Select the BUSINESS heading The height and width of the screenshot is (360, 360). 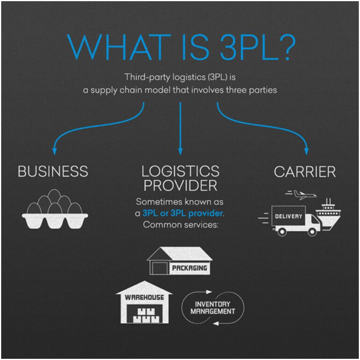point(53,172)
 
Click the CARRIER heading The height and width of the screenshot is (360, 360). point(305,172)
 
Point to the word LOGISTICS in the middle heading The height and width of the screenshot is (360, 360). point(180,172)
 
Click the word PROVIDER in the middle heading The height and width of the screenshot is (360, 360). point(180,187)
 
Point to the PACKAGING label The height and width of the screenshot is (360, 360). point(190,269)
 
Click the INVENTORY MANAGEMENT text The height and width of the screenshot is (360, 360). point(212,307)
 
